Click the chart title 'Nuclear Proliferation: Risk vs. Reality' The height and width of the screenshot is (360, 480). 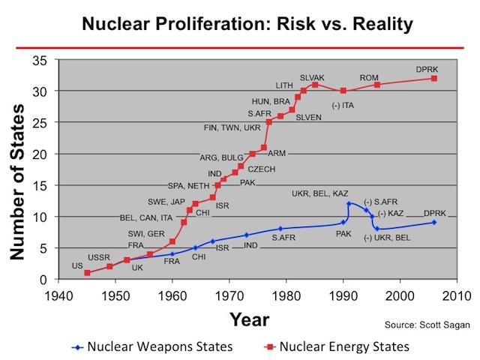click(x=240, y=24)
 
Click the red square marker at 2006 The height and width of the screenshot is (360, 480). click(x=433, y=79)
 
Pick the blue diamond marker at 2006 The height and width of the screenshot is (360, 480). click(x=433, y=222)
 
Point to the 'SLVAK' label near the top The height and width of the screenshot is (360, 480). click(x=312, y=77)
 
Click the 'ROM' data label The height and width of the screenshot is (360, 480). click(x=369, y=77)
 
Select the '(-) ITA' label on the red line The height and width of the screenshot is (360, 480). click(x=343, y=104)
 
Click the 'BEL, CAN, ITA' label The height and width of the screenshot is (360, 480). click(x=145, y=218)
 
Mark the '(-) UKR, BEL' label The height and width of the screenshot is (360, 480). click(x=387, y=238)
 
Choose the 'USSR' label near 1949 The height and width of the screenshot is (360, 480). click(x=99, y=257)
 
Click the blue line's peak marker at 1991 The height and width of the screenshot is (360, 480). click(x=349, y=203)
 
